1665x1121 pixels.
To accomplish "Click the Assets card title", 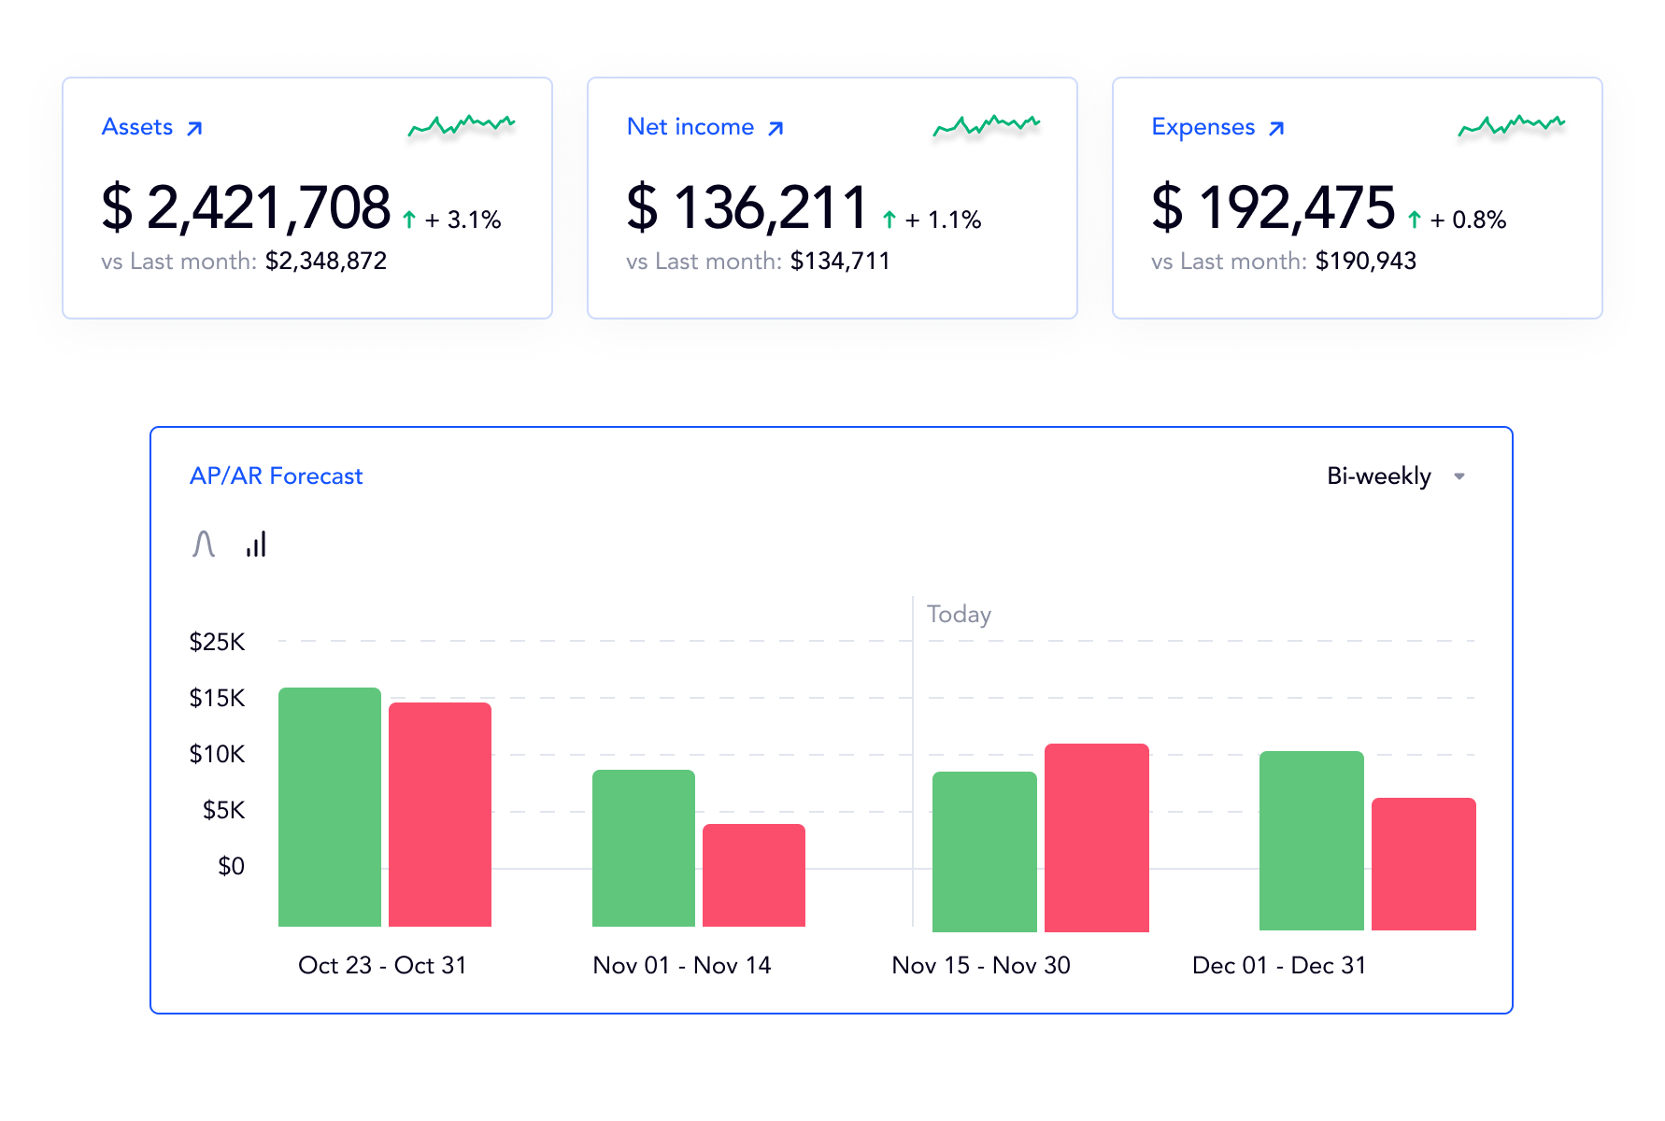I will coord(137,127).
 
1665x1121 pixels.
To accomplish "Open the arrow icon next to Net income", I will coord(776,128).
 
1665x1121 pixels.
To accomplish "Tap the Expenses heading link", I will coord(1202,127).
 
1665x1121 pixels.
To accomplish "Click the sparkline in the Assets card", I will coord(462,125).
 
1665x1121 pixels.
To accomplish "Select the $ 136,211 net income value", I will coord(747,207).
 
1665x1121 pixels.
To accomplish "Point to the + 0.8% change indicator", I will coord(1467,220).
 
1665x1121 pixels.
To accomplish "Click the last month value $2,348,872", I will coord(325,262).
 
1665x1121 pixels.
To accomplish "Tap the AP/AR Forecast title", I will coord(276,476).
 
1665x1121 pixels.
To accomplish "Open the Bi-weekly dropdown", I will coord(1395,476).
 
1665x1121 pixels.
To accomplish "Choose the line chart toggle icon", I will coord(204,544).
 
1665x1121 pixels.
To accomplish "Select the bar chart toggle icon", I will coord(256,544).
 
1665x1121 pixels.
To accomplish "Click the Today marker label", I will coord(959,615).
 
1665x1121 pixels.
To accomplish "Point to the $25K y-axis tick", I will coord(217,642).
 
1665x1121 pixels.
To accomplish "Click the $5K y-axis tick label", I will coord(223,810).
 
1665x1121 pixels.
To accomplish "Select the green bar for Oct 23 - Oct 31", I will coord(330,807).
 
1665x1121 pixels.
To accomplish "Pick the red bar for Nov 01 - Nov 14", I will coord(754,875).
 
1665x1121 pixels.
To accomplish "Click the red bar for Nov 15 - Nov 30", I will coord(1096,837).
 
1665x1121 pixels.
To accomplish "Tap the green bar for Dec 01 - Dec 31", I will coord(1311,841).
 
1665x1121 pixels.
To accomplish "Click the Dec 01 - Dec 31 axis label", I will coord(1279,966).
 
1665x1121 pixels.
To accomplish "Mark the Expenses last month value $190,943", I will coord(1365,262).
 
